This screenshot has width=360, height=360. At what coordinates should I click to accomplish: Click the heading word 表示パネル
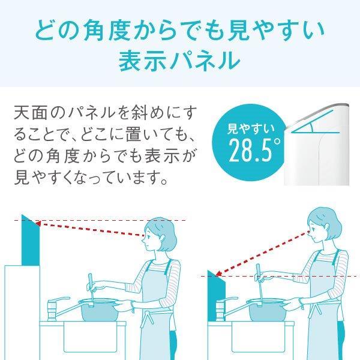(179, 61)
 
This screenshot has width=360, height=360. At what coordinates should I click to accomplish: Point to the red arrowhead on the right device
(218, 274)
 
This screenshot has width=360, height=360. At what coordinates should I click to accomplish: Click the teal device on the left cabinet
(31, 240)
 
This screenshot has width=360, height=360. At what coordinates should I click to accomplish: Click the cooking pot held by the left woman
(99, 310)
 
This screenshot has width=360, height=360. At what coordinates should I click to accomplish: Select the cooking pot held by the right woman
(267, 310)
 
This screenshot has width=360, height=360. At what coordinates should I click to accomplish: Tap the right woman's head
(324, 225)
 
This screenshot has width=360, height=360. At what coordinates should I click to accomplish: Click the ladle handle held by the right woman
(260, 283)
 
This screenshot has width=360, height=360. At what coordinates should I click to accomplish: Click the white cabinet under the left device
(22, 313)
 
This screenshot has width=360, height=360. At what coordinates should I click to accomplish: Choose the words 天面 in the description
(29, 113)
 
